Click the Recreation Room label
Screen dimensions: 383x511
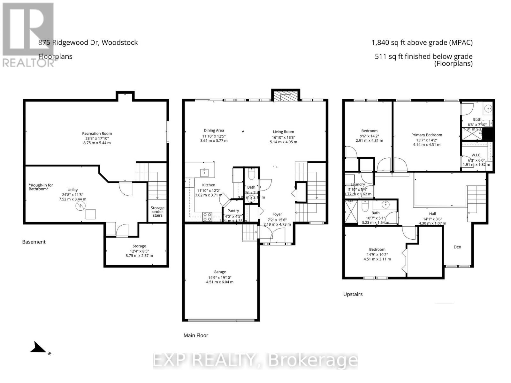97,133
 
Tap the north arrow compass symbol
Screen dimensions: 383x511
39,348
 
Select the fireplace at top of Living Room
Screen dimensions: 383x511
286,96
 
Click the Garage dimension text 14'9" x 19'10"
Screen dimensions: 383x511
220,277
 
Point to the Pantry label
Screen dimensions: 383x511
233,211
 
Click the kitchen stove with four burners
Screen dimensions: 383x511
207,217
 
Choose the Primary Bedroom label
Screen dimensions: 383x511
426,135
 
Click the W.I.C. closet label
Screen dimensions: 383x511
476,155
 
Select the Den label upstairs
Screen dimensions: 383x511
457,247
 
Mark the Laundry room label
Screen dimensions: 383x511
358,184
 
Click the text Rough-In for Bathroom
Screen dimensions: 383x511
41,187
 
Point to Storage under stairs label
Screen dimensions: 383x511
157,212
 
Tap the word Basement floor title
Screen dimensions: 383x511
34,242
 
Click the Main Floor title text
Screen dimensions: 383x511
196,335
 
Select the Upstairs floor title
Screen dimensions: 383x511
353,294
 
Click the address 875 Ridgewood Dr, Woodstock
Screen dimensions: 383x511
88,42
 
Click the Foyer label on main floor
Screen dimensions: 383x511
277,214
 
